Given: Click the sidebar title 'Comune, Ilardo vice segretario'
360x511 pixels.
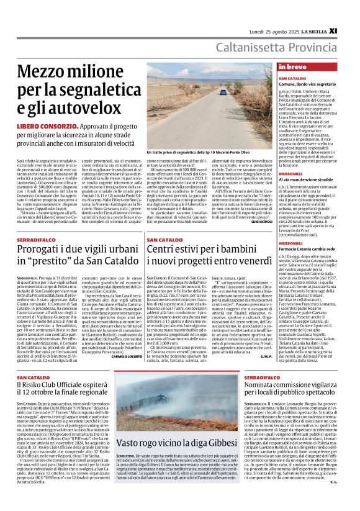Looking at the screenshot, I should [x=305, y=83].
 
